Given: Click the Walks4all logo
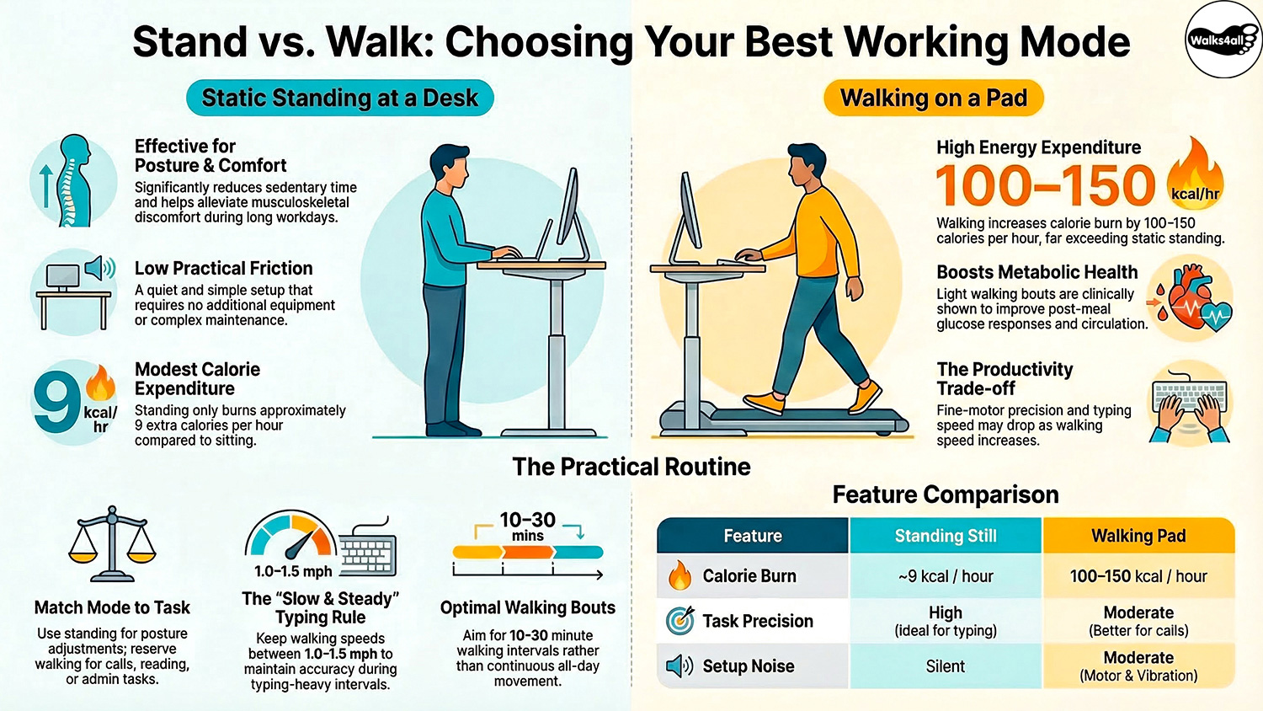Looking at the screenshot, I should [1222, 40].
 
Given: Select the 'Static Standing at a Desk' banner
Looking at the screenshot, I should [339, 99].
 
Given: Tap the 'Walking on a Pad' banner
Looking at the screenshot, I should [933, 99].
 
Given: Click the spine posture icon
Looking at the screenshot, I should [73, 180].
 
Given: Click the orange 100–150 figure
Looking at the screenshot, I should [1045, 185].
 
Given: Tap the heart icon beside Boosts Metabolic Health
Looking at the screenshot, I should [1191, 299].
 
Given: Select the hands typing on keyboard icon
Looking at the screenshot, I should [1191, 404].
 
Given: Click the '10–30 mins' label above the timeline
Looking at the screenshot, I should [528, 526].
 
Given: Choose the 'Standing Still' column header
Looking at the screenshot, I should [946, 536].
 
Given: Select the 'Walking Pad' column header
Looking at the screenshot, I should [1138, 536].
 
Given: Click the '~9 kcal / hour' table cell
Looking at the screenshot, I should [946, 576].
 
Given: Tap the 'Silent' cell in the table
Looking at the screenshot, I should [946, 666].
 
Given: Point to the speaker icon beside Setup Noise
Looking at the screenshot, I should [679, 666].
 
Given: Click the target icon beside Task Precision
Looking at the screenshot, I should [679, 621].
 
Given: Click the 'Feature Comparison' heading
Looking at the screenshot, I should [946, 494].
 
